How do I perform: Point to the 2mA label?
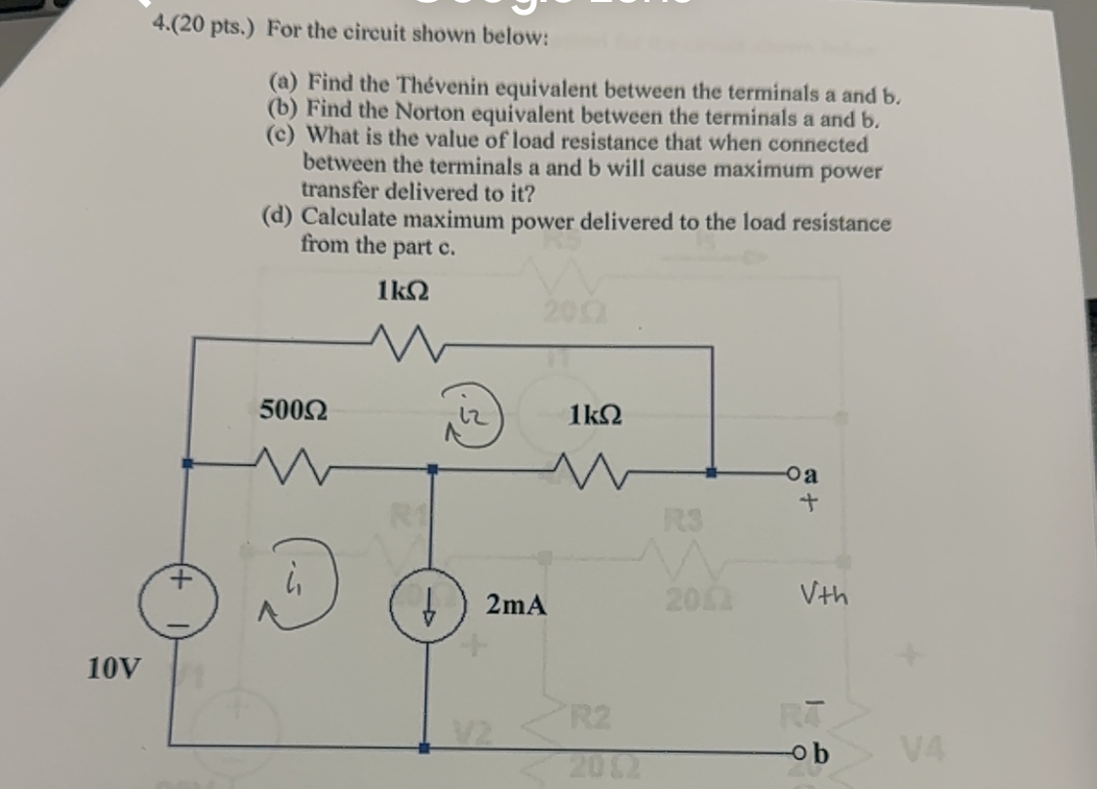coord(515,606)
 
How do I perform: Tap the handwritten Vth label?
coord(824,591)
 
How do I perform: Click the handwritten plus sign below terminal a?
coord(807,505)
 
